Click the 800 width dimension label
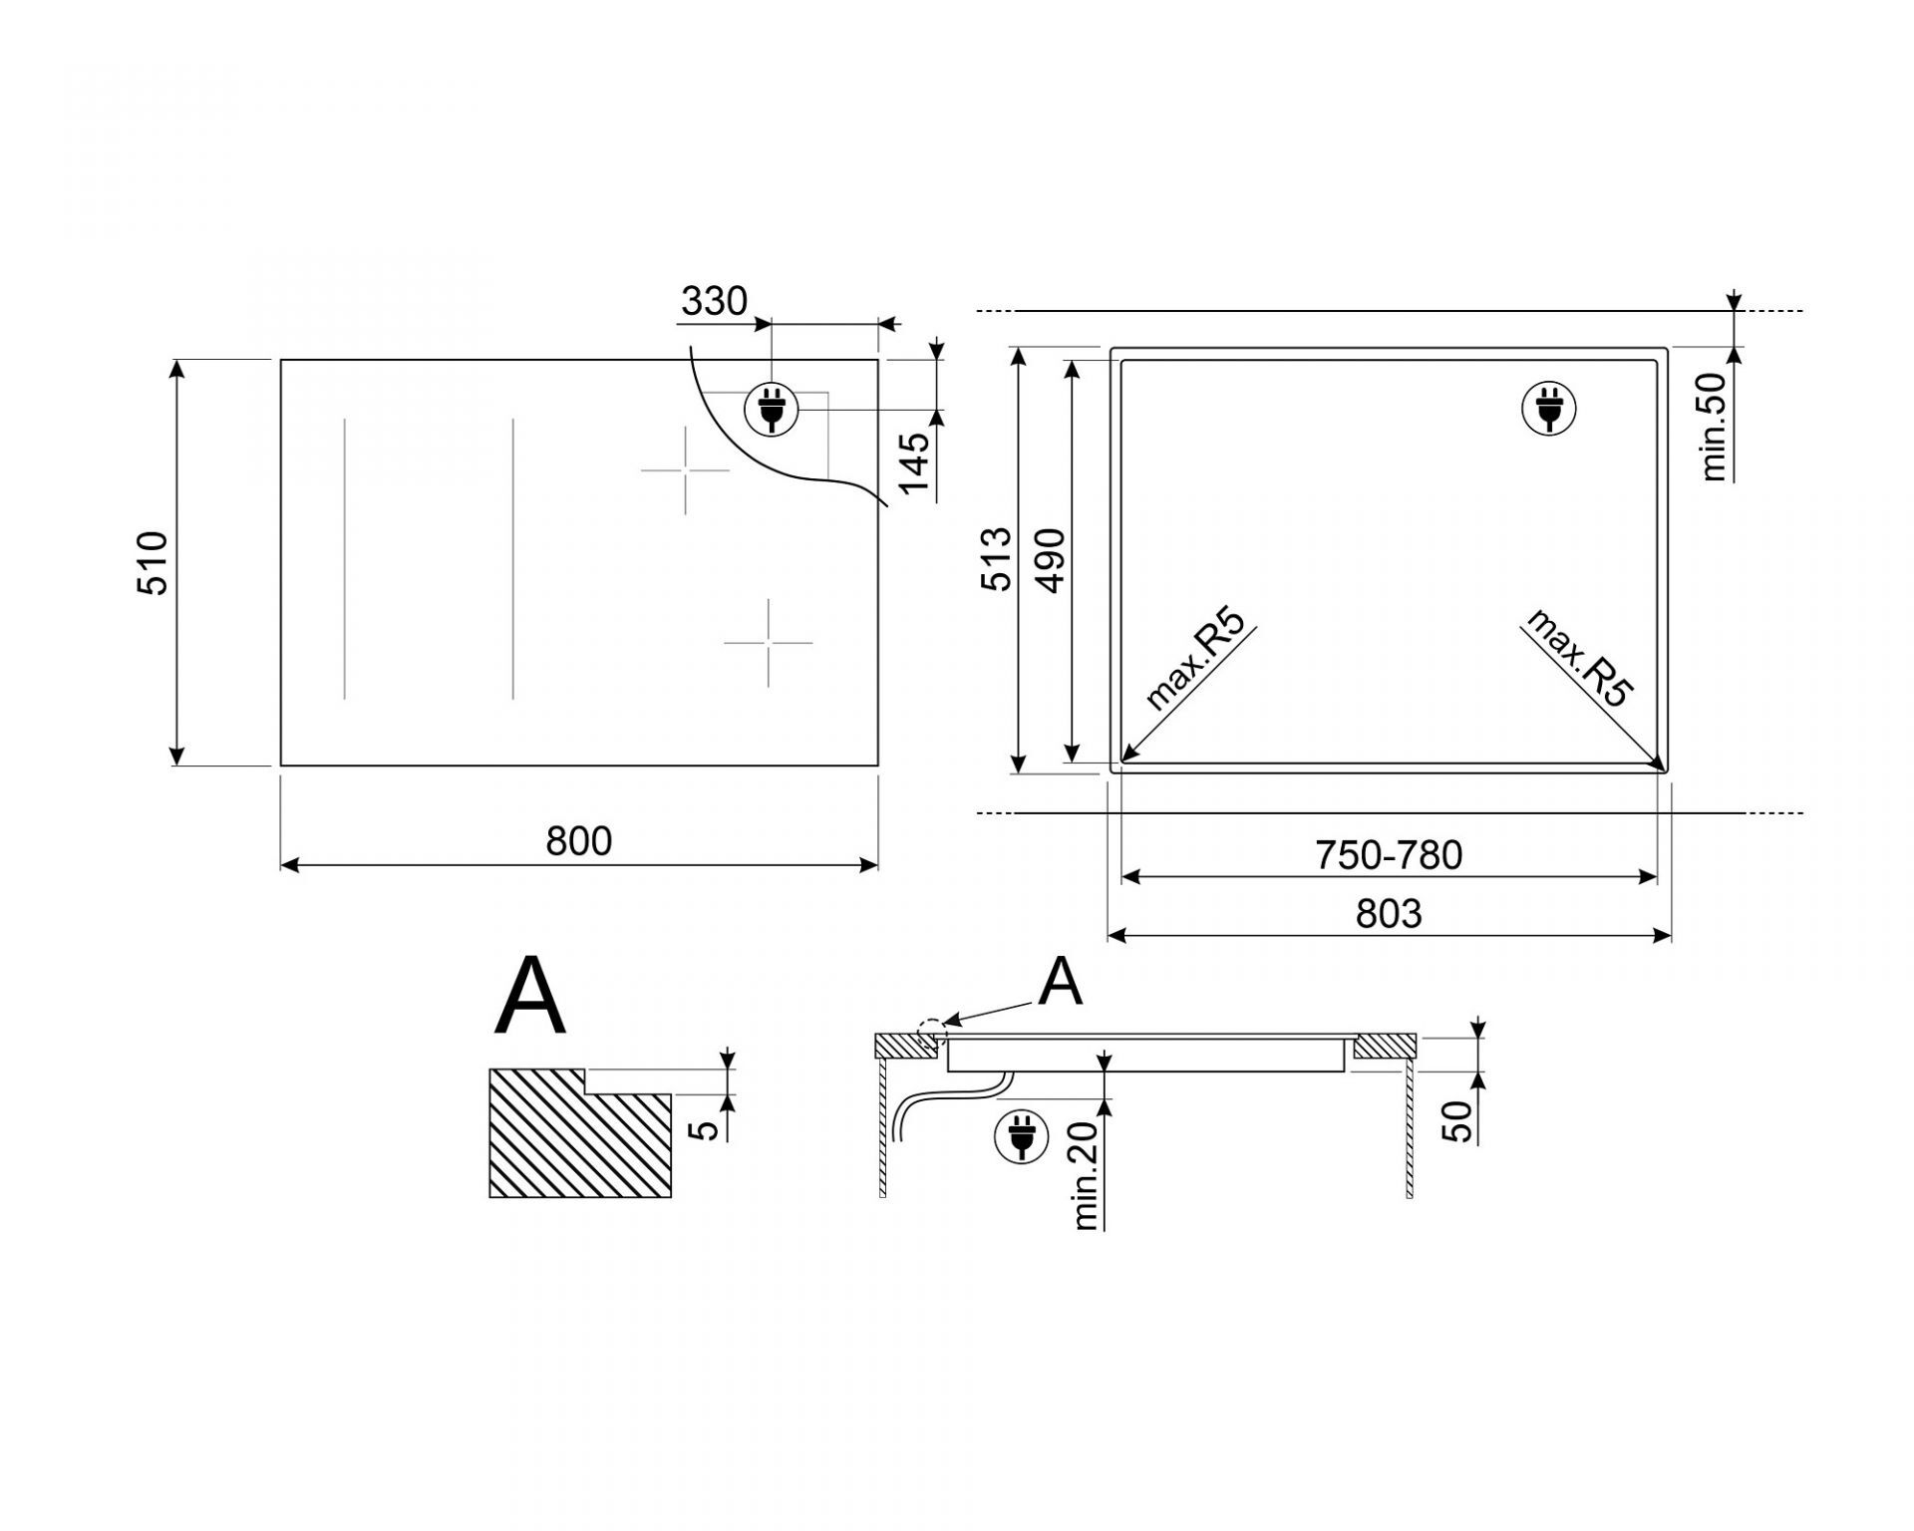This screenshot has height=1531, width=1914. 578,841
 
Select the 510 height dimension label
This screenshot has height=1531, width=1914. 154,563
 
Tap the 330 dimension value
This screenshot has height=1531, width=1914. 714,300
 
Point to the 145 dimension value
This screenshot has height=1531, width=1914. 914,461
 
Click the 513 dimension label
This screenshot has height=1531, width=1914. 996,559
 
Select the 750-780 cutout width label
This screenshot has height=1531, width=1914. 1389,855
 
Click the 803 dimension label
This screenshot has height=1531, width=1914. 1389,913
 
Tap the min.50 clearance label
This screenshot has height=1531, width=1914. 1714,427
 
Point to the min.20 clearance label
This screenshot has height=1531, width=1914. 1086,1174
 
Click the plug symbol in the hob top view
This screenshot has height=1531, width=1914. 770,409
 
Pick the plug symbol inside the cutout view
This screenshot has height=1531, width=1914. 1549,409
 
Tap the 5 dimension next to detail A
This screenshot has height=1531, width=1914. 705,1129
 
